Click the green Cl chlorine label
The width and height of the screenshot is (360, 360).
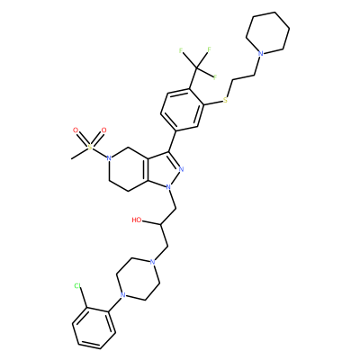tap(77, 286)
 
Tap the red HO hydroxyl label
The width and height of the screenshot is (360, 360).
tap(137, 220)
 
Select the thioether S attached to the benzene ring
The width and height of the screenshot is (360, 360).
tap(226, 100)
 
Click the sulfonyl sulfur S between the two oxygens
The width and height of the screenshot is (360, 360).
tap(90, 147)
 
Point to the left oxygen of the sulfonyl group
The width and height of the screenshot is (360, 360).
tap(76, 130)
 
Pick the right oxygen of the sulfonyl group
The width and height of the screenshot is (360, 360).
tap(103, 130)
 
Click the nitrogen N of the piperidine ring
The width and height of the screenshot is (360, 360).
tap(261, 54)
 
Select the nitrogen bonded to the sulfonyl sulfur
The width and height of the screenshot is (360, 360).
tap(109, 157)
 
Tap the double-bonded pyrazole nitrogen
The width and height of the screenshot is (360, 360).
tap(181, 169)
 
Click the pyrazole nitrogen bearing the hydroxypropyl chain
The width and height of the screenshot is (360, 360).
tap(168, 187)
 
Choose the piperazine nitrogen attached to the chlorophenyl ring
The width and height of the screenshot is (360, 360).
tap(122, 295)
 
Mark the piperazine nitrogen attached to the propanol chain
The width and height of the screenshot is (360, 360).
tap(152, 262)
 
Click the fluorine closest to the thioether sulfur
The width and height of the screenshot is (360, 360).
tap(215, 76)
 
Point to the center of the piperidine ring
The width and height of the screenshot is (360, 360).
tap(268, 33)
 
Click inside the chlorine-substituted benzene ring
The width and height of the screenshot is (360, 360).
tap(94, 328)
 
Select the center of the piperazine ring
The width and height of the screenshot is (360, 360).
tap(138, 278)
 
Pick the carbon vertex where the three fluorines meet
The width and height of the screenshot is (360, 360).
tap(196, 68)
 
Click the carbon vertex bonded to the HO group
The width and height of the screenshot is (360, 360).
tap(161, 224)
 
